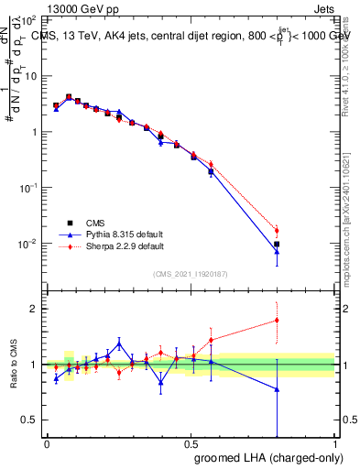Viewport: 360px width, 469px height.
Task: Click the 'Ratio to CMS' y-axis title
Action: coord(12,365)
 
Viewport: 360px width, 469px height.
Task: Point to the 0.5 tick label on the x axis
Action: coord(191,443)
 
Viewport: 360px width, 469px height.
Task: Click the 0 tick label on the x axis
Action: coord(47,443)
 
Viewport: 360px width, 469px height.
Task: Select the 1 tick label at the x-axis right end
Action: coord(335,443)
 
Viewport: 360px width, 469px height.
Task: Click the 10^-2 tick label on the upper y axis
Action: coord(29,243)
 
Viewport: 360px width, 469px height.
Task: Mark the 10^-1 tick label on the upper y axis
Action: coord(29,187)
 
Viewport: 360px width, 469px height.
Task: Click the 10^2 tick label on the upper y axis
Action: coord(29,19)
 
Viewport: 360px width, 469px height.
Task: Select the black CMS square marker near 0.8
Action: coord(277,245)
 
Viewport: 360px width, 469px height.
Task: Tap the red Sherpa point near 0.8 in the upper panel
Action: coord(277,230)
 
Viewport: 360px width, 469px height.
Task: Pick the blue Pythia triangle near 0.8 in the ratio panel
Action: coord(277,389)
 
